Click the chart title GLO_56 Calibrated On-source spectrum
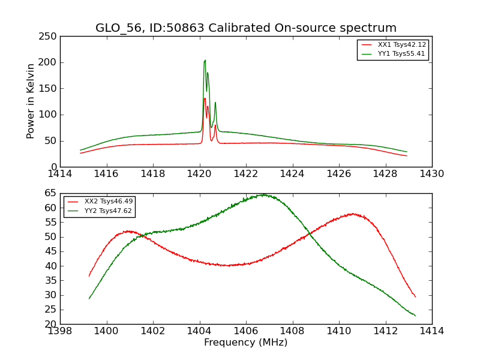click(246, 28)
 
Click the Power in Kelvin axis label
click(31, 101)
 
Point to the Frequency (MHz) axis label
click(246, 343)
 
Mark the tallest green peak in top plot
click(205, 60)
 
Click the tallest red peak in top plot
click(205, 98)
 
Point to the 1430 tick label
click(432, 174)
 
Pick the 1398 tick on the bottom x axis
click(60, 331)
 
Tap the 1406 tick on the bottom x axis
click(246, 331)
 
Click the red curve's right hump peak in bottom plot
click(353, 214)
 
